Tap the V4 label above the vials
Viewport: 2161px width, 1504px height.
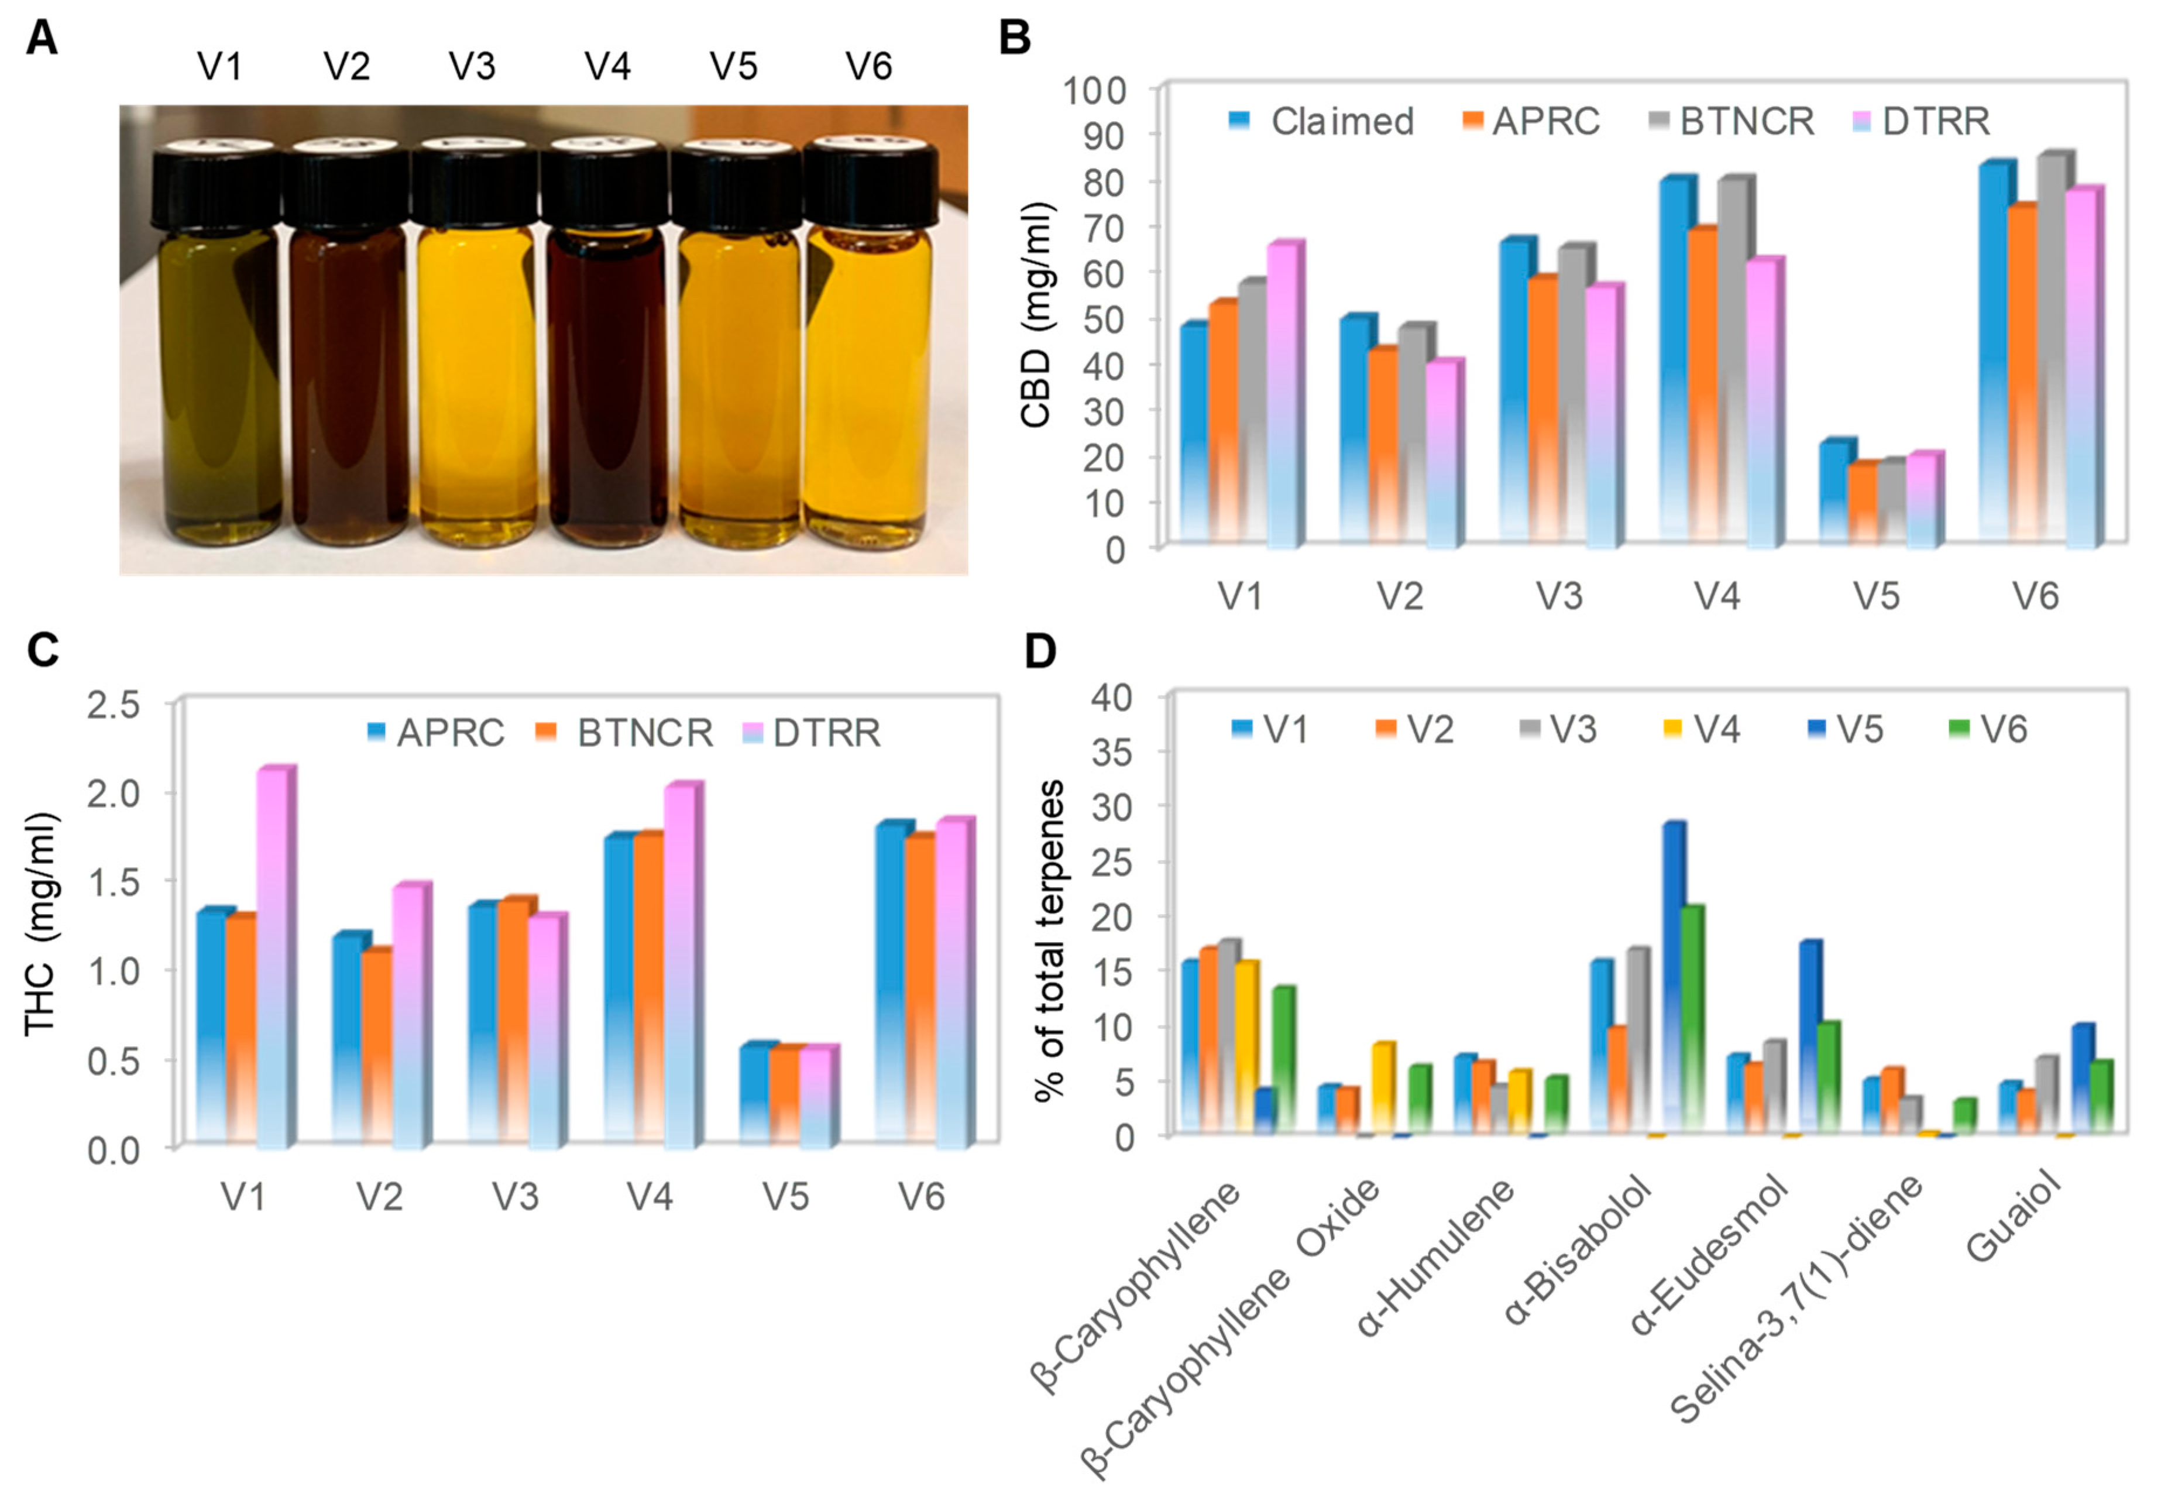607,67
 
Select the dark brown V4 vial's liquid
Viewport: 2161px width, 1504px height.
606,386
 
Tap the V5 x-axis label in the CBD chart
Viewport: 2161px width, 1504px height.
1877,596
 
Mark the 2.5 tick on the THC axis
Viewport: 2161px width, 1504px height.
113,705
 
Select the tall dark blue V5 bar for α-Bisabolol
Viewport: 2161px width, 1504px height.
1672,979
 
